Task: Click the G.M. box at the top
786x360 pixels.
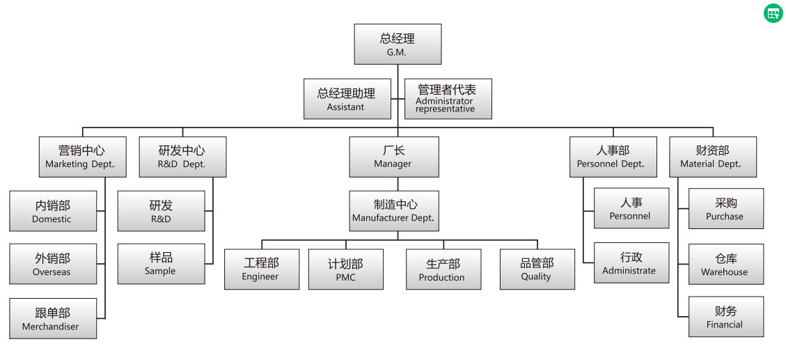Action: [398, 45]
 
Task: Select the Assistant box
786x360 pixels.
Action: [347, 99]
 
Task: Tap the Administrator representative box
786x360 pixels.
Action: [448, 99]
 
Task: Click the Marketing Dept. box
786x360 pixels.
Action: [81, 157]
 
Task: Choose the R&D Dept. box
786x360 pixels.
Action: [182, 157]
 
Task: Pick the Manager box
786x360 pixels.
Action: [394, 157]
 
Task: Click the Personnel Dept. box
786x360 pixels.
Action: [613, 157]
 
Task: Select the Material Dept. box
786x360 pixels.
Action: [712, 157]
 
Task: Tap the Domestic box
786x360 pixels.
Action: [53, 211]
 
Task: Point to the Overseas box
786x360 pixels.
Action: [53, 264]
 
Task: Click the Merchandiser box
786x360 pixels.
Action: [53, 318]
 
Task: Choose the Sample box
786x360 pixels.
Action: [161, 264]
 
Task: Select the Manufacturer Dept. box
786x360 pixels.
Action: [394, 211]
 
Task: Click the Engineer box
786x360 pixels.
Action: [261, 269]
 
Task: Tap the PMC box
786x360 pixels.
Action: [345, 269]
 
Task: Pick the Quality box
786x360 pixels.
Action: [537, 269]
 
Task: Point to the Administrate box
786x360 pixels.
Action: [631, 263]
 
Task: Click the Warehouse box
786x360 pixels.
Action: [725, 264]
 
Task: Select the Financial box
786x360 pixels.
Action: [725, 317]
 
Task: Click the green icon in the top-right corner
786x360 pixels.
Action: [773, 13]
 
